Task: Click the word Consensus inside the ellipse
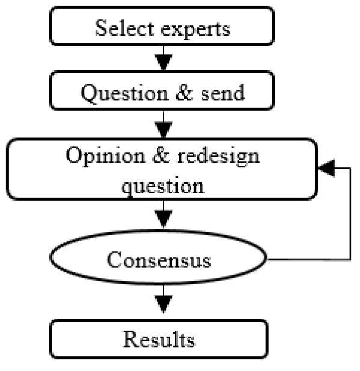point(159,260)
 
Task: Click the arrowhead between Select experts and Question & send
point(163,61)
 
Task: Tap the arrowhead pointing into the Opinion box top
point(163,128)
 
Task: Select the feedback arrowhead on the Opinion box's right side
point(325,170)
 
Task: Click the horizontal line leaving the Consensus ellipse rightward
point(307,260)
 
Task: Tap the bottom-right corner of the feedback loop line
point(350,260)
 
